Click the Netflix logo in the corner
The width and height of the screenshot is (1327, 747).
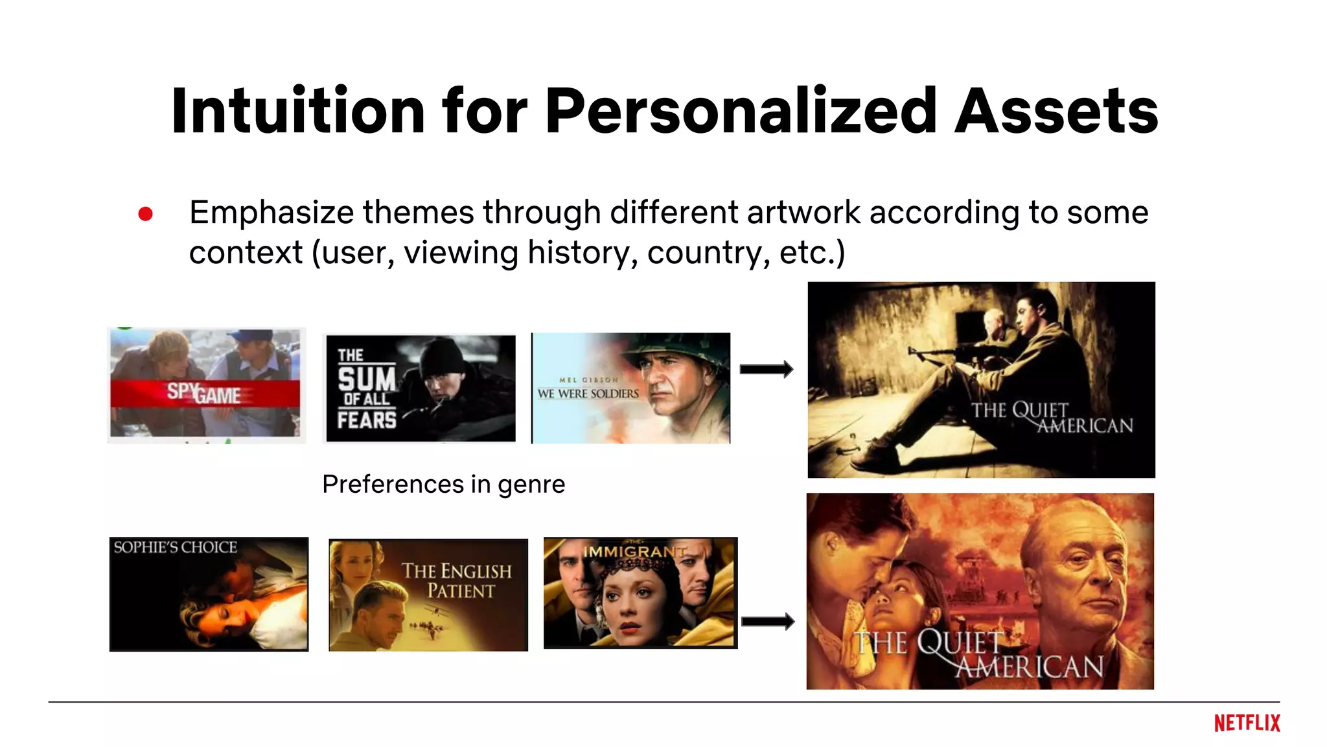pyautogui.click(x=1247, y=723)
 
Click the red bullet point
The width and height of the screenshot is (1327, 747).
pyautogui.click(x=145, y=214)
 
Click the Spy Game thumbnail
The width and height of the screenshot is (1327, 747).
pyautogui.click(x=205, y=385)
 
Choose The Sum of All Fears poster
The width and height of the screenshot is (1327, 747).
pyautogui.click(x=421, y=388)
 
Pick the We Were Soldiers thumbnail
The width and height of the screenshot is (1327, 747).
pyautogui.click(x=630, y=388)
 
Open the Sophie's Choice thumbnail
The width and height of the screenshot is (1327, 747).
pyautogui.click(x=209, y=593)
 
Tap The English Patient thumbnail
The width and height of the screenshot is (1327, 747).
pyautogui.click(x=428, y=595)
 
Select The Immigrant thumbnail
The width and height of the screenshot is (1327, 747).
pyautogui.click(x=640, y=593)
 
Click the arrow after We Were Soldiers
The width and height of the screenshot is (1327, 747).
pyautogui.click(x=767, y=369)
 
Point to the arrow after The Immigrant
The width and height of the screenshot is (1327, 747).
pyautogui.click(x=768, y=621)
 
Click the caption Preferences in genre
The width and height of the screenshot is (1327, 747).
pyautogui.click(x=443, y=484)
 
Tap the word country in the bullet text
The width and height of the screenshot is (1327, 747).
pyautogui.click(x=708, y=253)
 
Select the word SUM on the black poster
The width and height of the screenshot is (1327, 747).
pyautogui.click(x=366, y=379)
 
